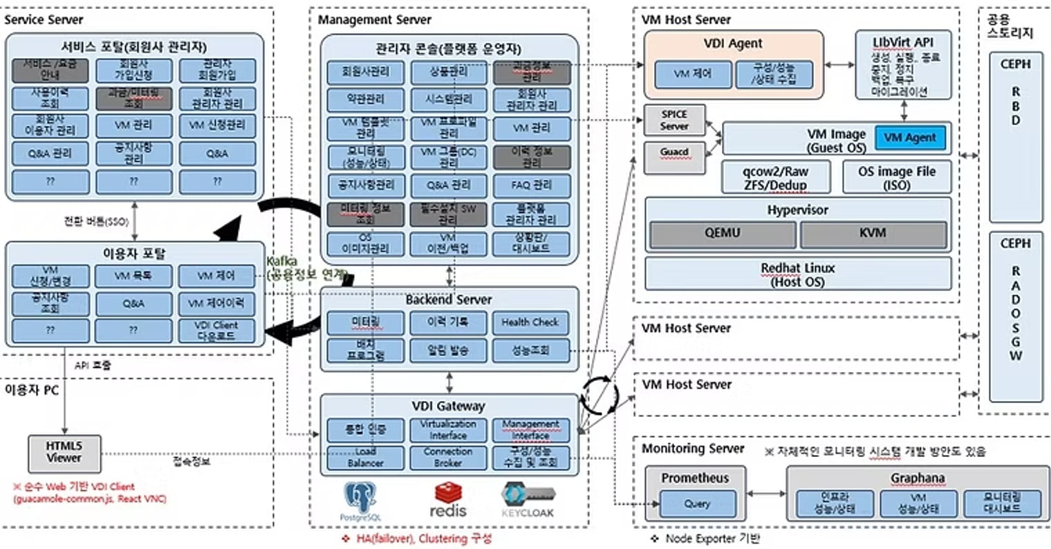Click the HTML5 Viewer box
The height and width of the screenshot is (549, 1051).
64,453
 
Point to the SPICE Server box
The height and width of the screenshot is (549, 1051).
673,120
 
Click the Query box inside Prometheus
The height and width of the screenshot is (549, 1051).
696,504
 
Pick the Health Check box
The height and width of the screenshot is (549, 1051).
530,322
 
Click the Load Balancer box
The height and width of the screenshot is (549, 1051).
365,457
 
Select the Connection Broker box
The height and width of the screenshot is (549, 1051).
448,457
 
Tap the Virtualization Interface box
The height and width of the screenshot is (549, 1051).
448,430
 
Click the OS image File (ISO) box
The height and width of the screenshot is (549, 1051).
896,178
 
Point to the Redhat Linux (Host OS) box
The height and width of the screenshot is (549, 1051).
797,274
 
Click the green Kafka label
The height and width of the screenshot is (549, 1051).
281,261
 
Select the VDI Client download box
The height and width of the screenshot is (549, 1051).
216,331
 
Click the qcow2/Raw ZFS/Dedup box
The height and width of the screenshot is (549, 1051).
775,178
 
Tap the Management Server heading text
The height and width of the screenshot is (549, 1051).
374,20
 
